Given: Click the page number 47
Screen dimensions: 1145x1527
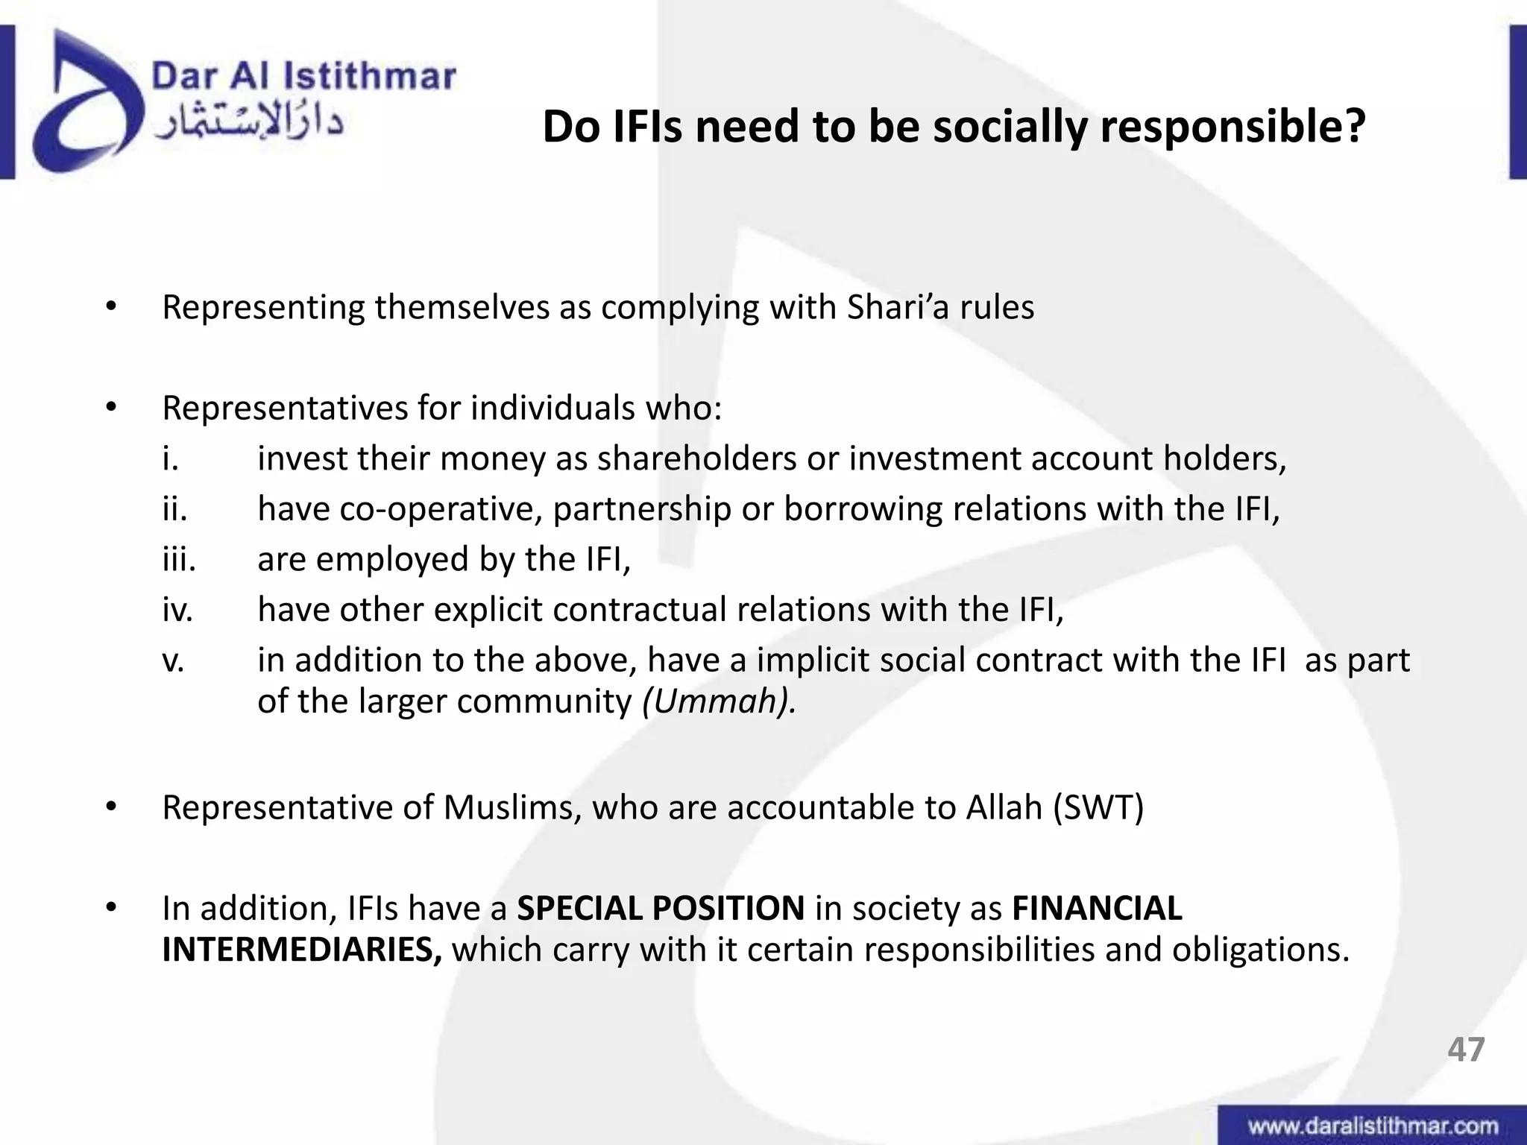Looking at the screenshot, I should tap(1466, 1049).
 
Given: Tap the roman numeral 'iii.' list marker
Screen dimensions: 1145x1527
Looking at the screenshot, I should tap(179, 559).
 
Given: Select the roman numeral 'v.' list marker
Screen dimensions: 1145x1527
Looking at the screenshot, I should tap(173, 660).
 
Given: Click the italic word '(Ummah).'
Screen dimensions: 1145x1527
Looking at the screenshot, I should tap(719, 701).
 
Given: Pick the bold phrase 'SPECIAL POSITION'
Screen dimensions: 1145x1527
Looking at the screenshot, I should tap(661, 908).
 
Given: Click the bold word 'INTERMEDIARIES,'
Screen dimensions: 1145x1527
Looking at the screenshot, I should tap(302, 950).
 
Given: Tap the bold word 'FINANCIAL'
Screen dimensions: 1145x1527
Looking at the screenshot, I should tap(1097, 908).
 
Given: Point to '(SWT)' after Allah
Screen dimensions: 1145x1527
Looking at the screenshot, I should tap(1098, 807).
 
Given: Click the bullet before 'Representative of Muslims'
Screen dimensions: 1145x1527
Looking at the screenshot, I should tap(112, 807).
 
